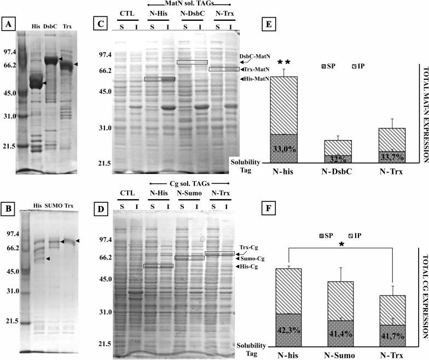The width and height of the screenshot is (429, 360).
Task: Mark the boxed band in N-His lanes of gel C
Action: [159, 79]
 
